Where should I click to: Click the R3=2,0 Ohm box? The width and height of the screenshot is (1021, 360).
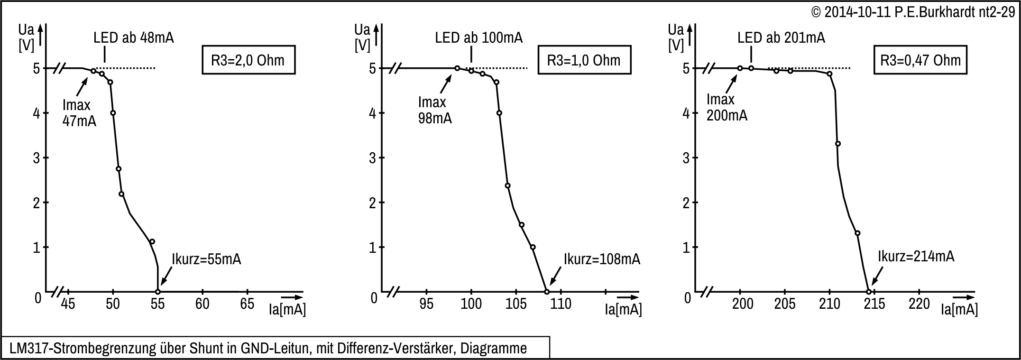248,60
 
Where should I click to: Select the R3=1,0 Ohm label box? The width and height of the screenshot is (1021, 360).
584,60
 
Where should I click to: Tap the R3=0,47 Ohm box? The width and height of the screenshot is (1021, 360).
920,60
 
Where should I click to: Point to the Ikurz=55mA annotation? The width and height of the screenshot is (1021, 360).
206,260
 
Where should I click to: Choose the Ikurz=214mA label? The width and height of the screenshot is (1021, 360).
916,257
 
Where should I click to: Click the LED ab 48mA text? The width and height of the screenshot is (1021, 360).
134,38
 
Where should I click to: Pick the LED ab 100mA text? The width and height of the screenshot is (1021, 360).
479,38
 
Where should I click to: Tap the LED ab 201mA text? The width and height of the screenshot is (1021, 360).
781,38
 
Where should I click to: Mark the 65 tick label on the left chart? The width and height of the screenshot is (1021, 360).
247,304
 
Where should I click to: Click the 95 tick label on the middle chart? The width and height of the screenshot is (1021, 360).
426,304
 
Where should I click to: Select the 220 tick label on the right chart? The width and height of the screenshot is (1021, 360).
919,304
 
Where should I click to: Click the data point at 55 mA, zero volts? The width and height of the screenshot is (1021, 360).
158,292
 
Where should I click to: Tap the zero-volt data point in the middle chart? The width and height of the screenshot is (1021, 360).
547,292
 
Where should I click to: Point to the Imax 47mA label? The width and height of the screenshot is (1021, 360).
79,113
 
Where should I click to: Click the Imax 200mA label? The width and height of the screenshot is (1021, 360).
727,107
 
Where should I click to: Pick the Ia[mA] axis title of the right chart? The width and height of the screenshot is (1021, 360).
959,310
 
